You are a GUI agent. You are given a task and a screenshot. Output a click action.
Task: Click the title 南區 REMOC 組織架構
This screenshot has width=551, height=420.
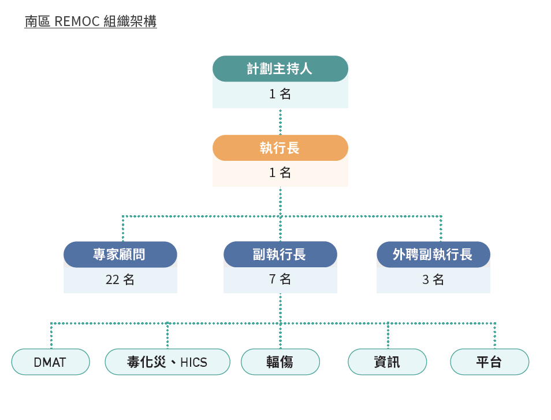[x=91, y=22]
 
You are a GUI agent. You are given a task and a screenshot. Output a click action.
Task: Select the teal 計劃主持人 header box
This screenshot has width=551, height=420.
[x=280, y=69]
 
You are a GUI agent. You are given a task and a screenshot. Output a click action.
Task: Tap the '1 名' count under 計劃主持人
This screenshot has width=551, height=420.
[x=280, y=94]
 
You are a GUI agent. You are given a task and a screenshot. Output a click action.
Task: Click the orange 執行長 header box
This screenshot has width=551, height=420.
[x=280, y=148]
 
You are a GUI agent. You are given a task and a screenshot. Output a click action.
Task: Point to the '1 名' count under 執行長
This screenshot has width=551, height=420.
[x=280, y=172]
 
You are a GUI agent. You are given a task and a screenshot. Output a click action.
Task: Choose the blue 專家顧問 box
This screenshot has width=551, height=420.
[x=120, y=254]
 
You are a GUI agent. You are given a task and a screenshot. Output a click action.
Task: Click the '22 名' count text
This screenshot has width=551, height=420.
[x=120, y=279]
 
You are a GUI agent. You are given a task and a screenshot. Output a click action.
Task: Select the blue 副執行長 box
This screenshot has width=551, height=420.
[x=280, y=254]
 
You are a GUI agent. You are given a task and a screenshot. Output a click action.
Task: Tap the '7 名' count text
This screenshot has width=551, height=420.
[x=280, y=279]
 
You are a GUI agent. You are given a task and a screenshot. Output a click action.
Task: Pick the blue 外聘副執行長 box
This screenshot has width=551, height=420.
[x=433, y=254]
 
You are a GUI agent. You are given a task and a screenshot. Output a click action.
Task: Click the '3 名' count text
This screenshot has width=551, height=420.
[x=433, y=279]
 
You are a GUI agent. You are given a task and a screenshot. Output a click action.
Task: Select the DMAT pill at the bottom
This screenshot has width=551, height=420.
[x=51, y=362]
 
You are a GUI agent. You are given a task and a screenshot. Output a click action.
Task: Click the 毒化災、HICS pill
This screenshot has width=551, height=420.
[x=167, y=362]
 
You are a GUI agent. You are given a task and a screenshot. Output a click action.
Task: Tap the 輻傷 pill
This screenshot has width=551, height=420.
[x=280, y=362]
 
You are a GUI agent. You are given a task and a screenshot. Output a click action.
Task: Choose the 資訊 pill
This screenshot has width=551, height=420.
[x=387, y=362]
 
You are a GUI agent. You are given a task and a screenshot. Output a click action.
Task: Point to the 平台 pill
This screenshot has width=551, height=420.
[x=489, y=362]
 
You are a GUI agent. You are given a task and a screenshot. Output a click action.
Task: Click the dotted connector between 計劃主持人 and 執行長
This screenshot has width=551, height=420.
[x=280, y=121]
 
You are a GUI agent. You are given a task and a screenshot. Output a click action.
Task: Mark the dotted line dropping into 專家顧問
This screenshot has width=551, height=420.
[x=122, y=229]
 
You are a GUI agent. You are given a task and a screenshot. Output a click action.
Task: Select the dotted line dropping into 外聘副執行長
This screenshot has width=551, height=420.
[x=441, y=229]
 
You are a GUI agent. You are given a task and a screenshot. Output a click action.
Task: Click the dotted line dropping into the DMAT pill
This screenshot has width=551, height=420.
[x=51, y=336]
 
